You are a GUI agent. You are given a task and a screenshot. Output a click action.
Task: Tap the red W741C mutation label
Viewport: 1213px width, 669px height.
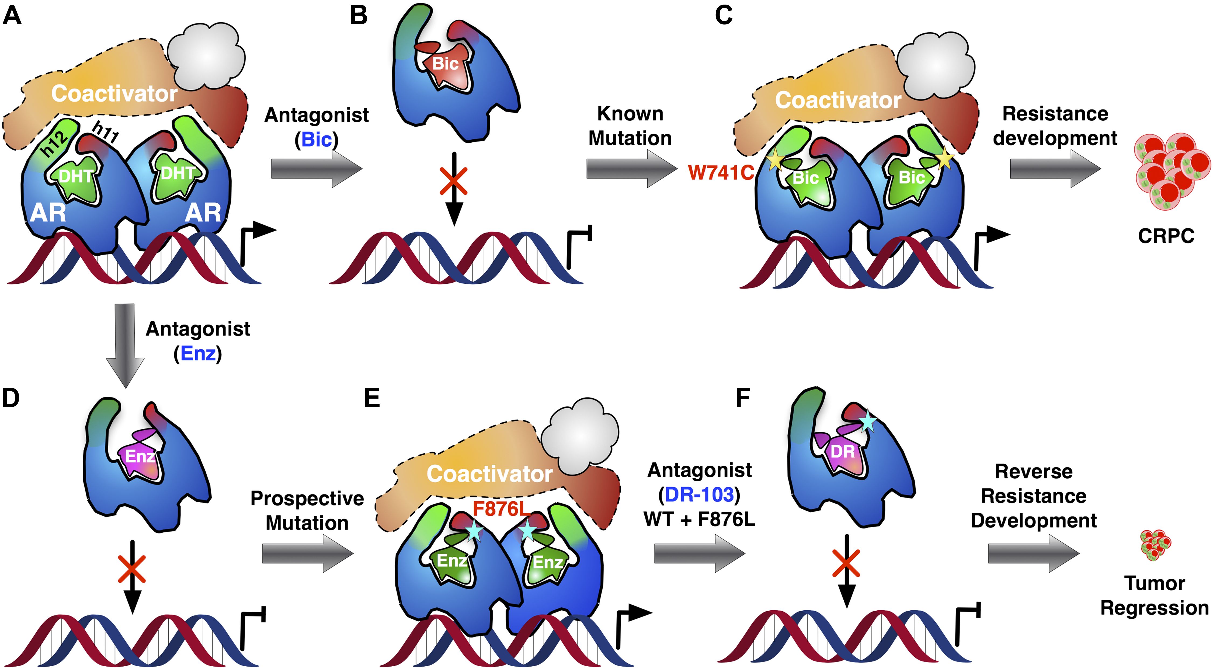pyautogui.click(x=721, y=173)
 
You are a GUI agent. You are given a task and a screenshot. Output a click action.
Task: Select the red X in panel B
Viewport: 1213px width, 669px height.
pyautogui.click(x=453, y=180)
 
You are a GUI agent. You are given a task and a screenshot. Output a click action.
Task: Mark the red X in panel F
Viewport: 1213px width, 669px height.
pyautogui.click(x=846, y=563)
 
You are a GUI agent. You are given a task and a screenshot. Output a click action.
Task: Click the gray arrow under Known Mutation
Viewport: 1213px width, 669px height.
pyautogui.click(x=631, y=169)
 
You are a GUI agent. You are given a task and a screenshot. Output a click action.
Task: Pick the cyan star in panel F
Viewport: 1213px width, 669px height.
pyautogui.click(x=867, y=422)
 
